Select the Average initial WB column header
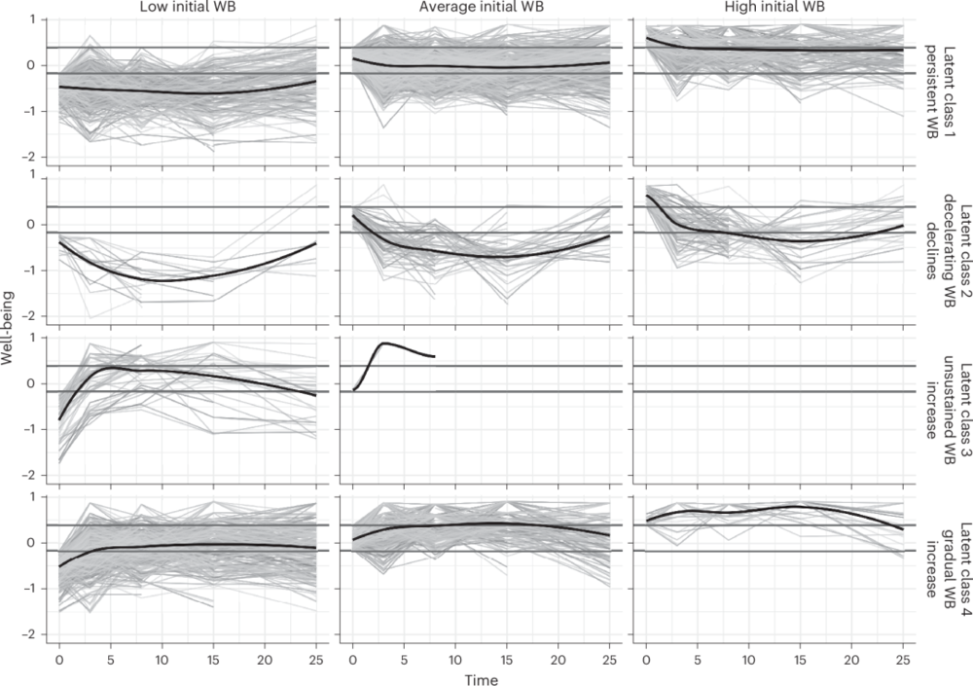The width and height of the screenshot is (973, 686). coord(481,8)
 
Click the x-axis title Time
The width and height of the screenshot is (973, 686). coord(482,680)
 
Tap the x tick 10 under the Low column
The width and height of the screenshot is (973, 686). coord(162,660)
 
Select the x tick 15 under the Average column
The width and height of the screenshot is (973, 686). coord(506,660)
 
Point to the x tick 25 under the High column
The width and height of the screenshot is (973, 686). coord(903,660)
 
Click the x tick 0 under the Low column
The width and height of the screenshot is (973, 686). coord(59,660)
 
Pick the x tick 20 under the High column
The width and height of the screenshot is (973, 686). coord(851,660)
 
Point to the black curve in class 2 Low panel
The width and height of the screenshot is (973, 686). coord(162,280)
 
